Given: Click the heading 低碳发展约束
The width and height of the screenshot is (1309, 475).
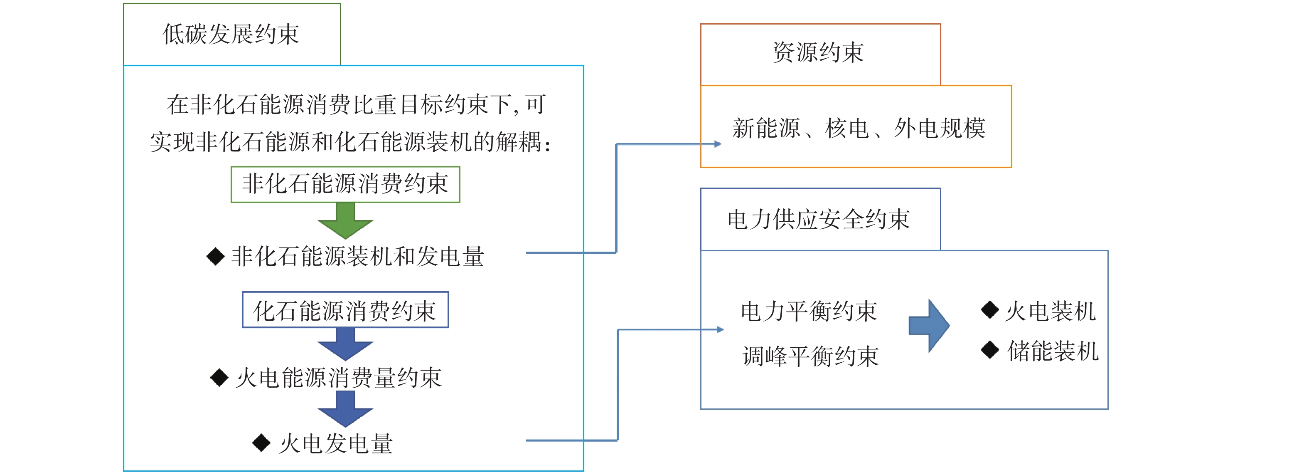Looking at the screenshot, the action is point(231,34).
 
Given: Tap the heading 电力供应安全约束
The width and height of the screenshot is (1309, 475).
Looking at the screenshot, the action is point(819,220).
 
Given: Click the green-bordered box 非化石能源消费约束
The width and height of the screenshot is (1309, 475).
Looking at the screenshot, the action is point(346,184).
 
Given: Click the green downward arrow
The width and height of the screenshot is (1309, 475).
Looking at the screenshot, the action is point(346,221).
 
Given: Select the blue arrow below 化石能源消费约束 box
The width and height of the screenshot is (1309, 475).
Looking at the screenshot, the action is point(346,344).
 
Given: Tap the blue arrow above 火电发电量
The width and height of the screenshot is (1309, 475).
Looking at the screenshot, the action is point(346,409).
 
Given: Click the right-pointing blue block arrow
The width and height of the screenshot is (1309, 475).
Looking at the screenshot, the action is point(929,326).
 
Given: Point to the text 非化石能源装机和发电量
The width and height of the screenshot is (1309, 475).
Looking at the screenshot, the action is point(358,256).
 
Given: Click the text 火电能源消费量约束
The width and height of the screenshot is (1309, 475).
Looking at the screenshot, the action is point(339,378).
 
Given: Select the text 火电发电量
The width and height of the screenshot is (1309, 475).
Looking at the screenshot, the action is point(336,443).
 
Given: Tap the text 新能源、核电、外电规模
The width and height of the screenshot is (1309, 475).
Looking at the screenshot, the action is point(859,128).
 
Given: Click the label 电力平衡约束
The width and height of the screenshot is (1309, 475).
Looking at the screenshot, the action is point(809,311).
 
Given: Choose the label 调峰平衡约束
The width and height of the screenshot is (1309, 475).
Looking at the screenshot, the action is point(810,356).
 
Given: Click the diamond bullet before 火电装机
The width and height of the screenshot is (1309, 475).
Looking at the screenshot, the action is point(990,310).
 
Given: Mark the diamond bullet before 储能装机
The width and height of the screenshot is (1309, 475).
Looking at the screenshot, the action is point(990,350).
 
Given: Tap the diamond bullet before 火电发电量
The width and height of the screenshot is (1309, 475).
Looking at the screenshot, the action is point(261,443).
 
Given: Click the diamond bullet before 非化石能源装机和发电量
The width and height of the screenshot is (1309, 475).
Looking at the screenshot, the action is point(215,256).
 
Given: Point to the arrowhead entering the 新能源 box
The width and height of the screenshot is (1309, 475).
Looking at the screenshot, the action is point(718,144).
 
